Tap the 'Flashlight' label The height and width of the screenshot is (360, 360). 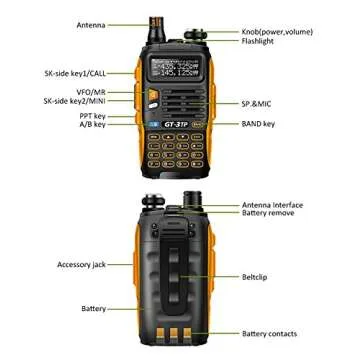pos(262,42)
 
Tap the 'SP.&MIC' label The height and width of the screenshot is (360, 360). pos(260,103)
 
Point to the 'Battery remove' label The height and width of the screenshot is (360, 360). pos(269,215)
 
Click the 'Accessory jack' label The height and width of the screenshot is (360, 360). pos(81,265)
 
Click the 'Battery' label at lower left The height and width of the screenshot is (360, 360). pos(94,308)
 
